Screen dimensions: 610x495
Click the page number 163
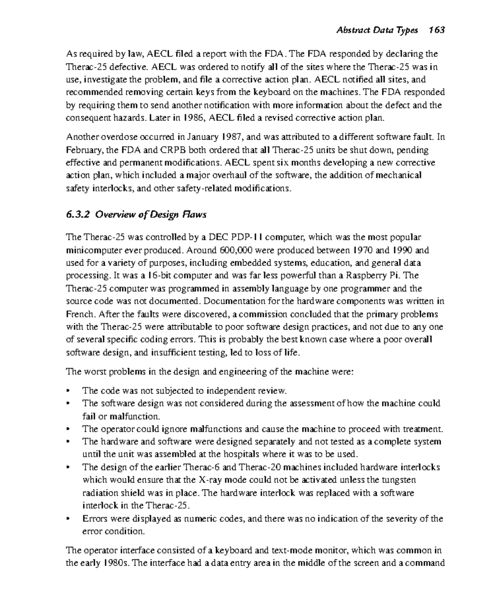[436, 30]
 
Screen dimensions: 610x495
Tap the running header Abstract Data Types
[377, 30]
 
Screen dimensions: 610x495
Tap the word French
[81, 314]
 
